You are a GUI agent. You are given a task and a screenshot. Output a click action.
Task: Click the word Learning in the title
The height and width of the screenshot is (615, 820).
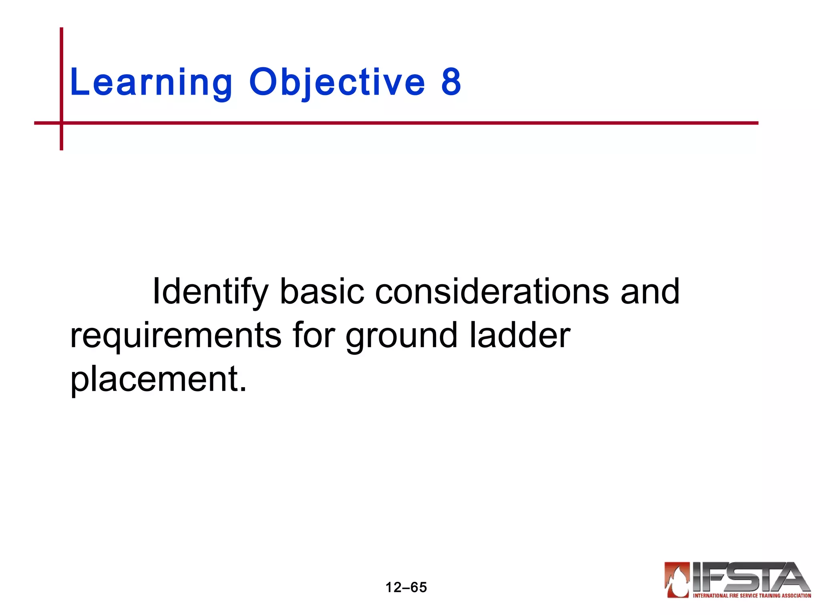(x=151, y=83)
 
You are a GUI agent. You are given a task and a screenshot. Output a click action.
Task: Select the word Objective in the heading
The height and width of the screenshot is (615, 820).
(x=337, y=83)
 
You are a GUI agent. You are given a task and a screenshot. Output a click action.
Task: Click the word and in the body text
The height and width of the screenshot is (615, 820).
(x=650, y=292)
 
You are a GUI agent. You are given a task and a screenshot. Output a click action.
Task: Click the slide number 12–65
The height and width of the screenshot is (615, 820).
(x=406, y=587)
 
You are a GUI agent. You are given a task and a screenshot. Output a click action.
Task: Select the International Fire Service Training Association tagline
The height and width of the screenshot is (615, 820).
(x=752, y=596)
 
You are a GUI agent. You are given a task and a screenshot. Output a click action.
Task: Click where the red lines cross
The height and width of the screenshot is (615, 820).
(x=62, y=123)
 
